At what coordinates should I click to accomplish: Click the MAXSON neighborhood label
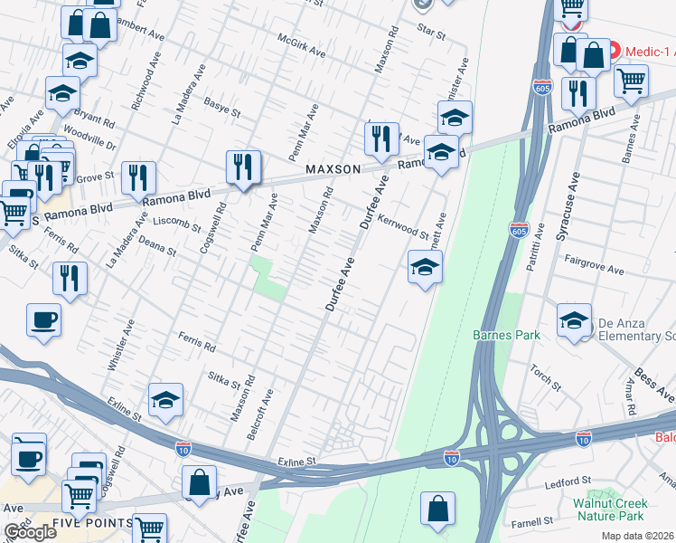(x=333, y=169)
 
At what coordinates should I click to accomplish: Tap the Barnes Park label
(x=506, y=335)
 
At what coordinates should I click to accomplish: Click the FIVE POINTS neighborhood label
(x=93, y=524)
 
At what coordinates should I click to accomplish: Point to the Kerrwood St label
(x=403, y=226)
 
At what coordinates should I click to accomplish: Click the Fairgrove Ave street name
(x=594, y=270)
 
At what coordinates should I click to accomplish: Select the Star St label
(x=432, y=33)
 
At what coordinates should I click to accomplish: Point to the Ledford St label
(x=568, y=481)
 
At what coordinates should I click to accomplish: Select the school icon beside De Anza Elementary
(x=574, y=322)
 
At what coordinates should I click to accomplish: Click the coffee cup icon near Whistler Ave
(x=44, y=320)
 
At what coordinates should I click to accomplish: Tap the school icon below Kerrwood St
(x=424, y=268)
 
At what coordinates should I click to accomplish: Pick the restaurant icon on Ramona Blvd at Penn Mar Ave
(x=243, y=167)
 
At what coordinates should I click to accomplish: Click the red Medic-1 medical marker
(x=613, y=50)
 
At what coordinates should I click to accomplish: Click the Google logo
(x=31, y=531)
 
